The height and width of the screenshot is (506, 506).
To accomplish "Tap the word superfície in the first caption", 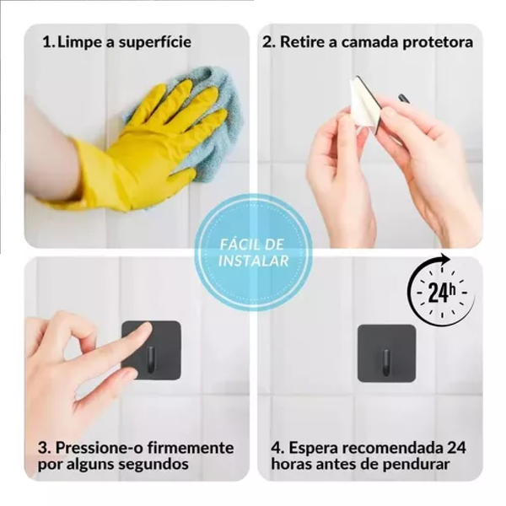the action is click(154, 42).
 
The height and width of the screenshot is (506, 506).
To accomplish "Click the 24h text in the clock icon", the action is click(441, 293).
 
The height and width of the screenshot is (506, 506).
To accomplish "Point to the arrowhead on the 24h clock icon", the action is click(446, 259).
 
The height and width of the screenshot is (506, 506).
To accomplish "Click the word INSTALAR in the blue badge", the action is click(253, 261).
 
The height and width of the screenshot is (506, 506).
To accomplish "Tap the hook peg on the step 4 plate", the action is click(386, 363).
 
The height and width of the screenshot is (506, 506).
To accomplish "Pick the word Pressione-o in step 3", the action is click(100, 448).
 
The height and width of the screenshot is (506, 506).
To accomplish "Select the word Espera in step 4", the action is click(313, 449).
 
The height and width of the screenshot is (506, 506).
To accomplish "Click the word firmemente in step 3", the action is click(191, 448).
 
